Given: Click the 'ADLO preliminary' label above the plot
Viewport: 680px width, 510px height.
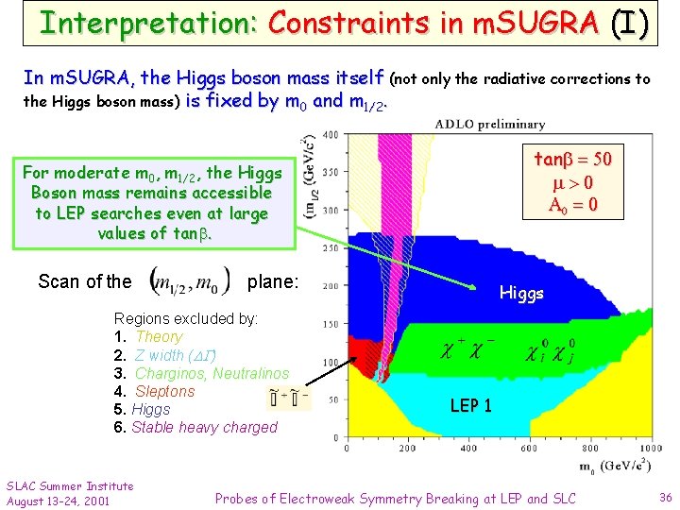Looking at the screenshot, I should click(490, 124).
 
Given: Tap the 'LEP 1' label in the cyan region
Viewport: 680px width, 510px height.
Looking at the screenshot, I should click(470, 406).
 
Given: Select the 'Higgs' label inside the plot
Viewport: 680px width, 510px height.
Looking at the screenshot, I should click(521, 293).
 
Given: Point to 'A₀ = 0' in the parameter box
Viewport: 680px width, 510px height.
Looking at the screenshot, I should click(573, 205).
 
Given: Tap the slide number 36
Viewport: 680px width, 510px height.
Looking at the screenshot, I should click(664, 498).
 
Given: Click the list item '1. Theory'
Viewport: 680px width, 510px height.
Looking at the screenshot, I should click(148, 337).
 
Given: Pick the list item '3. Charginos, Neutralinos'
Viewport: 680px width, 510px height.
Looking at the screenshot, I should click(201, 373).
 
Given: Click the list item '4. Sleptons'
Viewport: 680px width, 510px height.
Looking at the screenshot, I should click(154, 391).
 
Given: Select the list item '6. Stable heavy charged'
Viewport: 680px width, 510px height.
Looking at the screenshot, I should click(195, 427).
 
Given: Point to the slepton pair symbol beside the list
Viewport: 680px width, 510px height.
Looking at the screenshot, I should click(289, 399).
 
